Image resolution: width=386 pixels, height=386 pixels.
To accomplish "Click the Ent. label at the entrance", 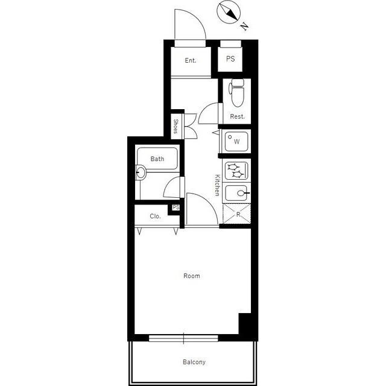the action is coord(191,60).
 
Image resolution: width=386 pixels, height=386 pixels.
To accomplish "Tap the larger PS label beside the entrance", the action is coord(230,59).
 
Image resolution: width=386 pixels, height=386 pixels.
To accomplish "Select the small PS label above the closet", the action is coord(176,207).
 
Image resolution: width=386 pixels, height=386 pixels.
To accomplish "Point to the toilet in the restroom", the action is coord(236,92).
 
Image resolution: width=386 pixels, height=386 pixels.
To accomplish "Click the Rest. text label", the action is coord(237,116).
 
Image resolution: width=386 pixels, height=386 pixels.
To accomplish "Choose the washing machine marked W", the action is coord(236,142).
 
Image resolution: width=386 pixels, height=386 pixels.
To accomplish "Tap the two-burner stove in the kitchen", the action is coord(236,170).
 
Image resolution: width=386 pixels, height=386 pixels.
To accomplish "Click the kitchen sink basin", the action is coord(236,193).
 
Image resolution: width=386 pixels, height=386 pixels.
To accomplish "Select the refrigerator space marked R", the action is coord(236,214).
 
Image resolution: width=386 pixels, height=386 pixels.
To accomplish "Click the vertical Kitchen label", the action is coord(217,185).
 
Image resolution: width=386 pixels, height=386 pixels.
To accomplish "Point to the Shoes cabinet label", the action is coord(176,126).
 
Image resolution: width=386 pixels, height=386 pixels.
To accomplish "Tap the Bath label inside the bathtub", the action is coord(157,159).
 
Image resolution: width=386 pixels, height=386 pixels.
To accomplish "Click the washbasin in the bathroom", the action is coord(141,172).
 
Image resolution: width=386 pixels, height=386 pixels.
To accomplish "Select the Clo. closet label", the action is coord(155,216).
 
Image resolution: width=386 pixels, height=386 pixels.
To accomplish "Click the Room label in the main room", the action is coord(192,276).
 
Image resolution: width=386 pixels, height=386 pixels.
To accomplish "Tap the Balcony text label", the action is coord(194,362).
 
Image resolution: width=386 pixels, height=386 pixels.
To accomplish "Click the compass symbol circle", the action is coord(229,12).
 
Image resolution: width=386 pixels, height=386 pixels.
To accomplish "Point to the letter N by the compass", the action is coord(244,26).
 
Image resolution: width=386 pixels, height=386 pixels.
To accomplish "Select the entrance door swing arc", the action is coord(197,19).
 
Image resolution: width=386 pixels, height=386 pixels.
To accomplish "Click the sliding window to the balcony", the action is coord(183,338).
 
